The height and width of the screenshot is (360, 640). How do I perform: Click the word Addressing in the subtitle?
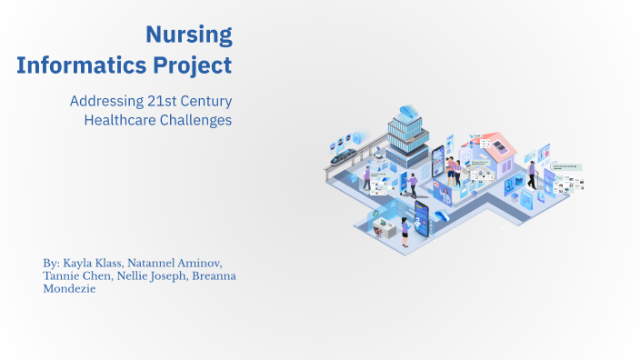tap(98, 101)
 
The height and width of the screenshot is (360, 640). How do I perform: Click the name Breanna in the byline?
tap(212, 275)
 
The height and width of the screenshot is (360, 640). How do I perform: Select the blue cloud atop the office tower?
tap(407, 113)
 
